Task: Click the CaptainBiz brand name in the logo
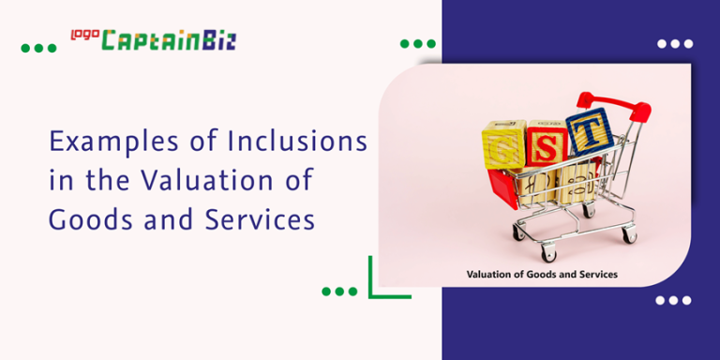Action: pyautogui.click(x=168, y=40)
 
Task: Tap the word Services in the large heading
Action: pyautogui.click(x=256, y=218)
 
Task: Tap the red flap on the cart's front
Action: pyautogui.click(x=502, y=188)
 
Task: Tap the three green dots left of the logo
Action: pyautogui.click(x=38, y=48)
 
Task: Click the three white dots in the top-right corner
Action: pyautogui.click(x=674, y=44)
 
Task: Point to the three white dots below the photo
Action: pyautogui.click(x=672, y=300)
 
